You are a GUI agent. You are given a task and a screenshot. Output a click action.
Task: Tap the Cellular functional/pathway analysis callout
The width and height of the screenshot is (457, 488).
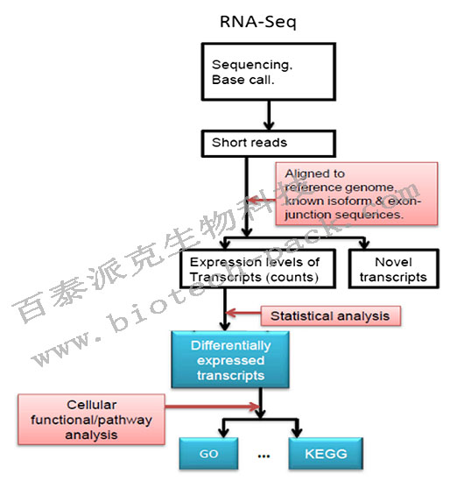[109, 419]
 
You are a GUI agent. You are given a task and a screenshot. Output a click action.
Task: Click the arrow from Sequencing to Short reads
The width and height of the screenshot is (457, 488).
[244, 113]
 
